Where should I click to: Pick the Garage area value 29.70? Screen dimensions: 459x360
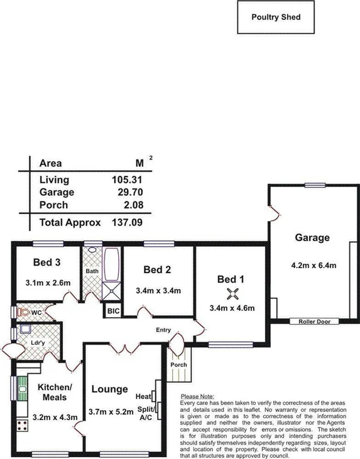click(x=123, y=192)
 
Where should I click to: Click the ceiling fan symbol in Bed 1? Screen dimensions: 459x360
click(x=232, y=293)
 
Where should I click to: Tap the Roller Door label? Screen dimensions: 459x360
click(x=314, y=321)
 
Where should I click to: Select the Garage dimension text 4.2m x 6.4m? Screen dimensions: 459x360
click(x=314, y=264)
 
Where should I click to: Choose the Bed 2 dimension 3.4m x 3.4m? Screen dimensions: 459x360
click(x=158, y=291)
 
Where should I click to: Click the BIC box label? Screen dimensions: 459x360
click(x=113, y=311)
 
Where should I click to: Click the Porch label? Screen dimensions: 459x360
click(x=179, y=365)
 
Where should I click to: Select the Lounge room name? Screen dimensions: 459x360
click(x=110, y=389)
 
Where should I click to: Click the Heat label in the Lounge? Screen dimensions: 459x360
click(x=143, y=397)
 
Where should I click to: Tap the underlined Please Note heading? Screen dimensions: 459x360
click(x=197, y=396)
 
